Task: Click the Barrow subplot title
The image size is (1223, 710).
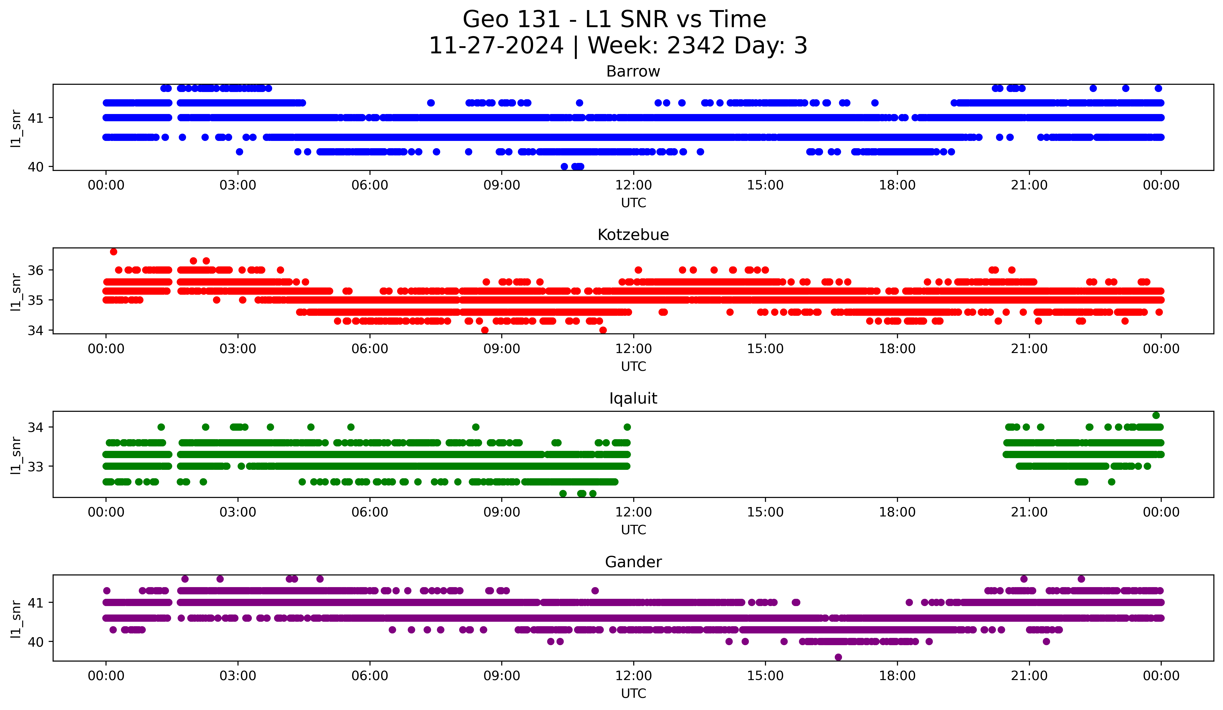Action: (x=633, y=71)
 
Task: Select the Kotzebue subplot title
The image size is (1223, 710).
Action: (x=633, y=235)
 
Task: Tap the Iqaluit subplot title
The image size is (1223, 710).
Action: (x=633, y=398)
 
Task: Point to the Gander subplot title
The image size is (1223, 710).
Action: (x=633, y=562)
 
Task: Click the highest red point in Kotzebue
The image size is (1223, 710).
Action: (x=114, y=251)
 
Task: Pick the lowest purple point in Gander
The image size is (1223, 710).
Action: (x=838, y=657)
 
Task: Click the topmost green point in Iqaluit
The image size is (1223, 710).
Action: (x=1156, y=416)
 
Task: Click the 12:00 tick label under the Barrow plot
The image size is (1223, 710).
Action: (x=633, y=185)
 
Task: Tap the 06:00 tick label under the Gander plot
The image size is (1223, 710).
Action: (x=370, y=676)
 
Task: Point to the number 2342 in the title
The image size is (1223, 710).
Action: (x=696, y=46)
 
